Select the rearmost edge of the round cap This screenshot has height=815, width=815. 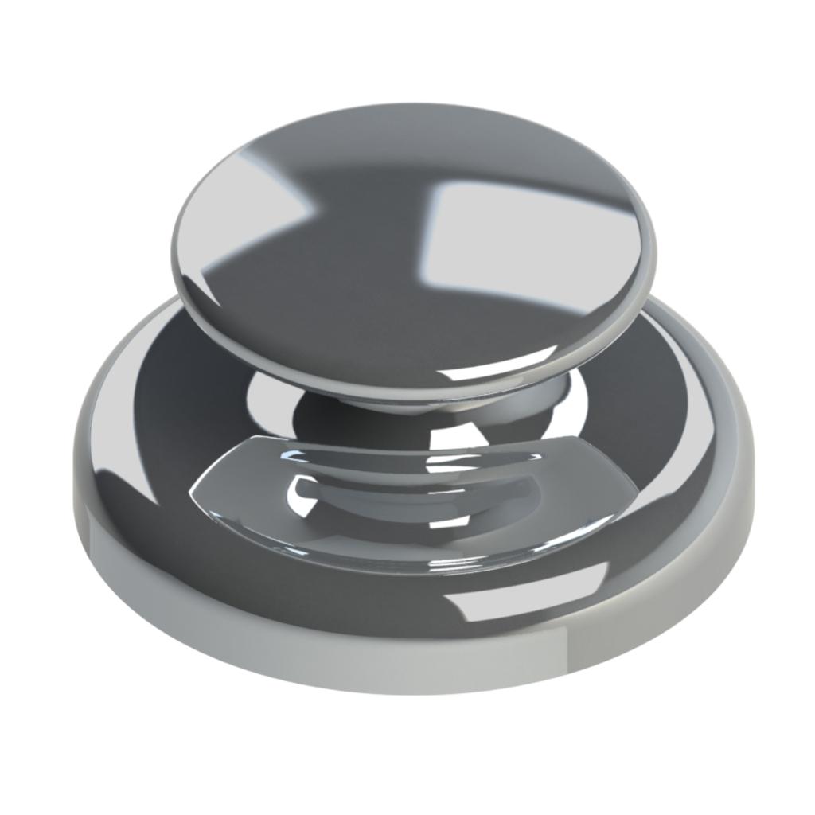(414, 104)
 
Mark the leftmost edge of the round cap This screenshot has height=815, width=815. (173, 247)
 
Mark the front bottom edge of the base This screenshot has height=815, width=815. (414, 692)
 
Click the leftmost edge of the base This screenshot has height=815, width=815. (73, 478)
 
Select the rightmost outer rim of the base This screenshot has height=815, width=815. (751, 470)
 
